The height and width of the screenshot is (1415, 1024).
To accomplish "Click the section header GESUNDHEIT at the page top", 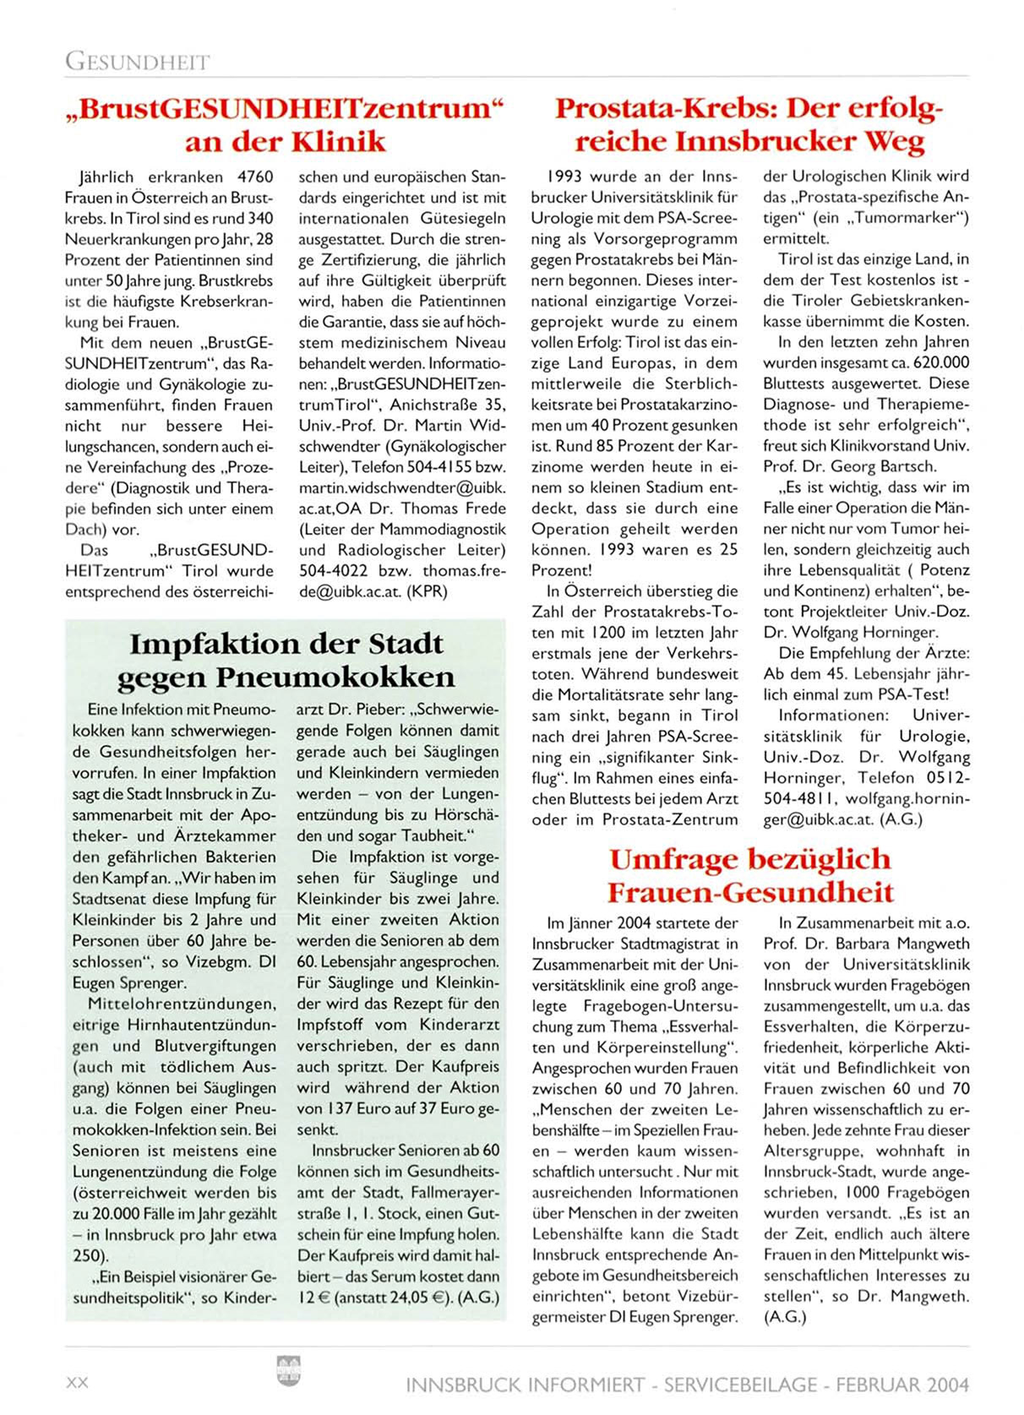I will [x=137, y=62].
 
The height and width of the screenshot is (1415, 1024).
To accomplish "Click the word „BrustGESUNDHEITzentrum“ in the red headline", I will [x=285, y=109].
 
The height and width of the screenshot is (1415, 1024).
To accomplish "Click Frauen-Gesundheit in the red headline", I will [x=750, y=892].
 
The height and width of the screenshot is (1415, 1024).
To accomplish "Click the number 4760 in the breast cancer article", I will [x=256, y=177].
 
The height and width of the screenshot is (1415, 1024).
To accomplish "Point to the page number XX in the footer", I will [x=77, y=1384].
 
